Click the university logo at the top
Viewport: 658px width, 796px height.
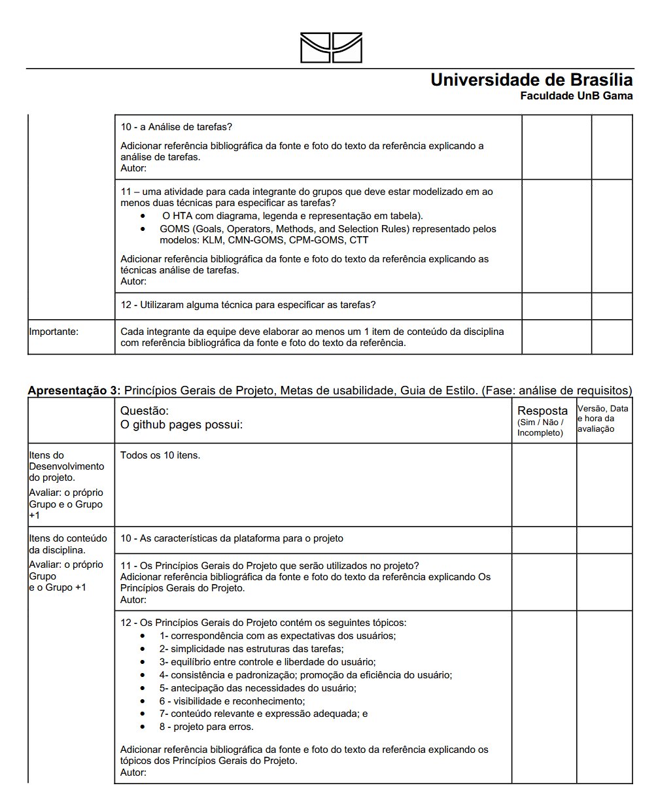(331, 48)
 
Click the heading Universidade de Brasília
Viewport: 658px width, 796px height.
(531, 80)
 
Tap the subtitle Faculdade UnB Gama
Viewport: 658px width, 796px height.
(576, 96)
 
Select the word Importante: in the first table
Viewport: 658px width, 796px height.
(54, 332)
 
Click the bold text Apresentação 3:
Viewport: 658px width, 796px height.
(73, 391)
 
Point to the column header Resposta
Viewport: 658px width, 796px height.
(542, 411)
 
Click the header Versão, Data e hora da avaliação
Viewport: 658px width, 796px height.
(602, 419)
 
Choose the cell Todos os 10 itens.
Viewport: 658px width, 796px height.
(160, 455)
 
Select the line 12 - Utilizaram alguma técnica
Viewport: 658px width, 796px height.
(248, 305)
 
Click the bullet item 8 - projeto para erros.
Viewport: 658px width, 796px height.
(206, 727)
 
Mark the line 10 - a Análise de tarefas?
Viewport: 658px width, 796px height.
(177, 127)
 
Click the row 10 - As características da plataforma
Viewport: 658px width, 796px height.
(232, 538)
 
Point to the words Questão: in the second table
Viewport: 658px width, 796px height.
(145, 411)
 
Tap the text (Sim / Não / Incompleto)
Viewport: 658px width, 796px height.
(540, 428)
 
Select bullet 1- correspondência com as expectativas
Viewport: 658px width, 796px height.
(277, 635)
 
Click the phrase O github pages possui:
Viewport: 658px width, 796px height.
(181, 425)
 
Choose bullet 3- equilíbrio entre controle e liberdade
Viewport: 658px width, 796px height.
(267, 661)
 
